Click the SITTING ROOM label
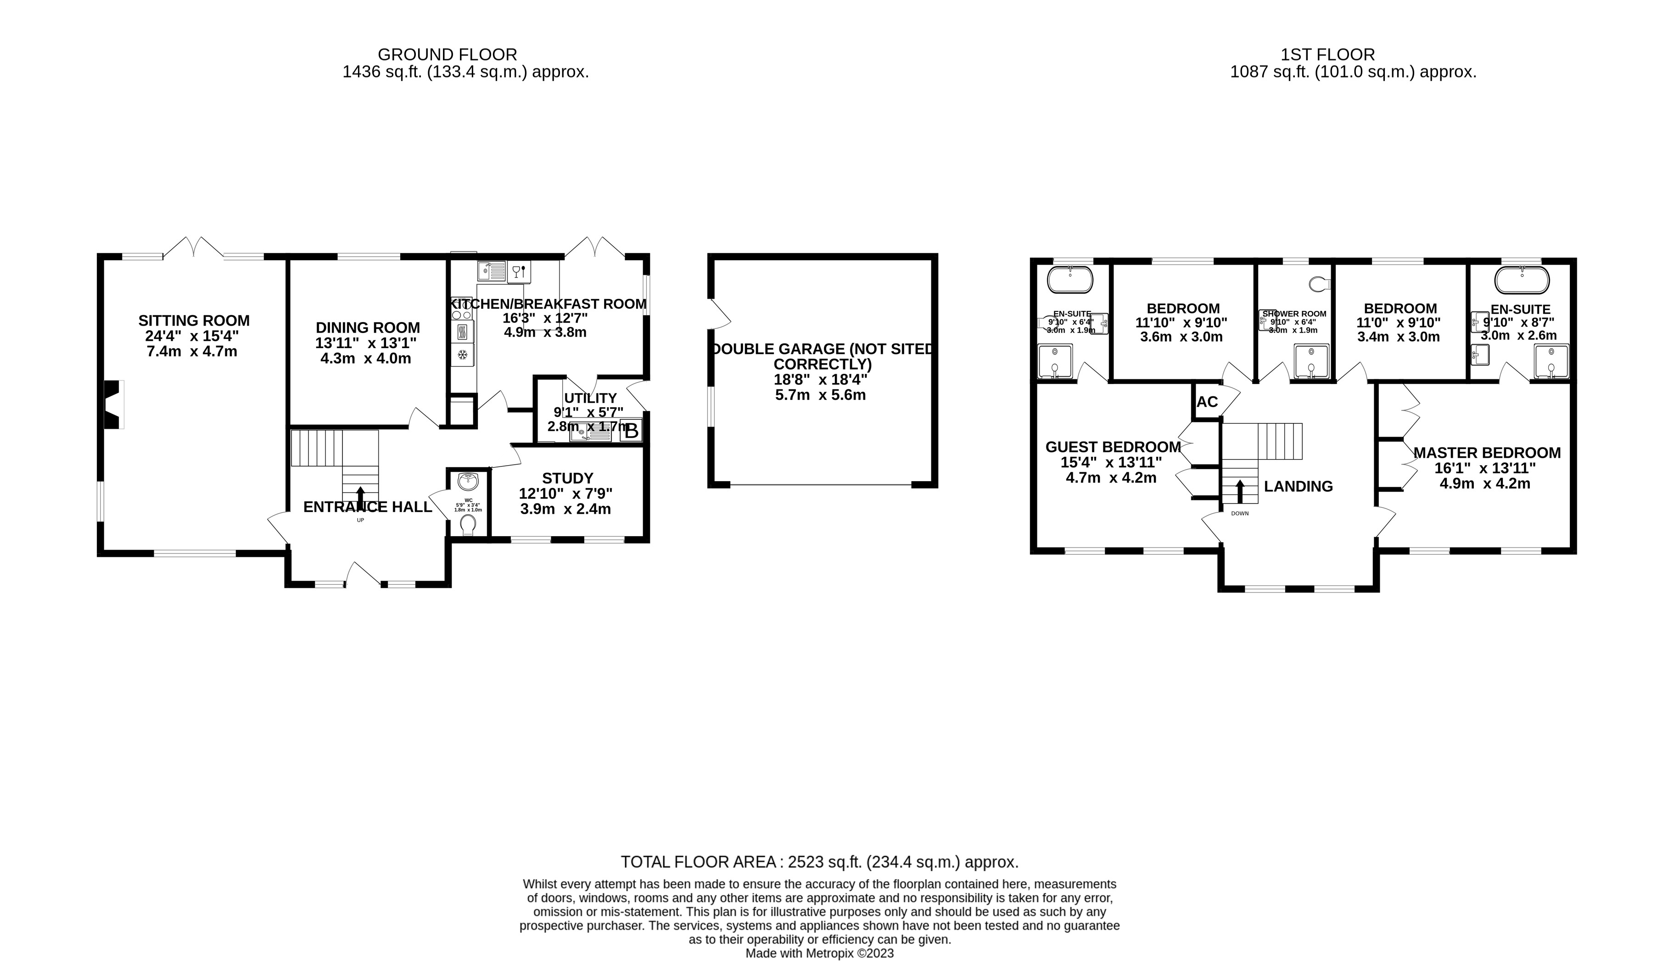(194, 321)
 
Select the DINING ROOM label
(367, 328)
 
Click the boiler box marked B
(631, 432)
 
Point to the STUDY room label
(567, 478)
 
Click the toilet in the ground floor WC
(468, 525)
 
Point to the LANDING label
(1298, 486)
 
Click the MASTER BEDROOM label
(1487, 453)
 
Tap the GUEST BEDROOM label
(1113, 447)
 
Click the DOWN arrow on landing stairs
(1239, 492)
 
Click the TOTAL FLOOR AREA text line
(819, 862)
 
